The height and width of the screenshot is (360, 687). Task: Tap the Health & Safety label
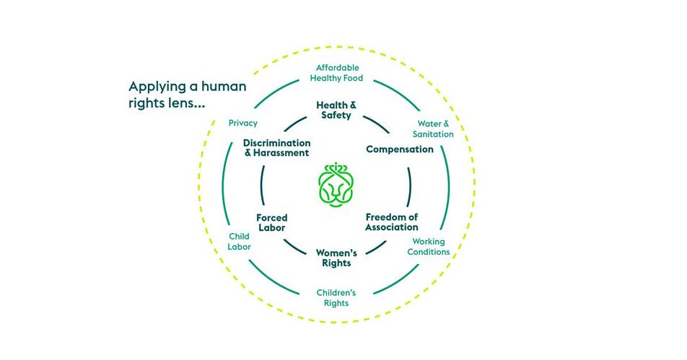pyautogui.click(x=336, y=110)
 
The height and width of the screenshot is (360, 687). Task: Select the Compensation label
pyautogui.click(x=400, y=149)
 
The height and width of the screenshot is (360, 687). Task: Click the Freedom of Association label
pyautogui.click(x=392, y=222)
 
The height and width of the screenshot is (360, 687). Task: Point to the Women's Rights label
pyautogui.click(x=336, y=258)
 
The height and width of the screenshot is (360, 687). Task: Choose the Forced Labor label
pyautogui.click(x=271, y=222)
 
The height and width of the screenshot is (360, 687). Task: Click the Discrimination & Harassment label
pyautogui.click(x=276, y=148)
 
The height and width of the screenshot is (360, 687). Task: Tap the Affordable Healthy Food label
pyautogui.click(x=336, y=73)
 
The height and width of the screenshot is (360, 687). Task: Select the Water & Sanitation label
pyautogui.click(x=433, y=129)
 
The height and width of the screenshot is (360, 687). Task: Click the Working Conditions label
pyautogui.click(x=429, y=247)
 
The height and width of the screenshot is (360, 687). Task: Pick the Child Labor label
pyautogui.click(x=239, y=241)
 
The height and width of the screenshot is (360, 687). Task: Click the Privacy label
pyautogui.click(x=242, y=123)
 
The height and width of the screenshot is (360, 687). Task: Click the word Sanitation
pyautogui.click(x=433, y=134)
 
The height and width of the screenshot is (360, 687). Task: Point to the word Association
pyautogui.click(x=392, y=227)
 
